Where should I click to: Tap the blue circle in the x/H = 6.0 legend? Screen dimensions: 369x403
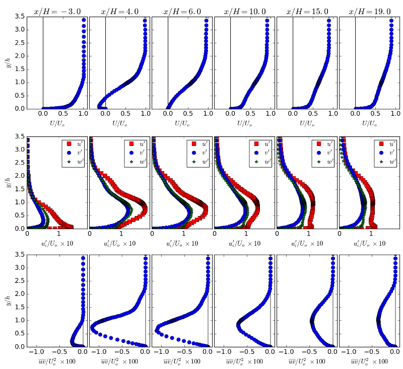(194, 153)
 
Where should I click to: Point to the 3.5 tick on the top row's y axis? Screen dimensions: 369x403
(19, 17)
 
